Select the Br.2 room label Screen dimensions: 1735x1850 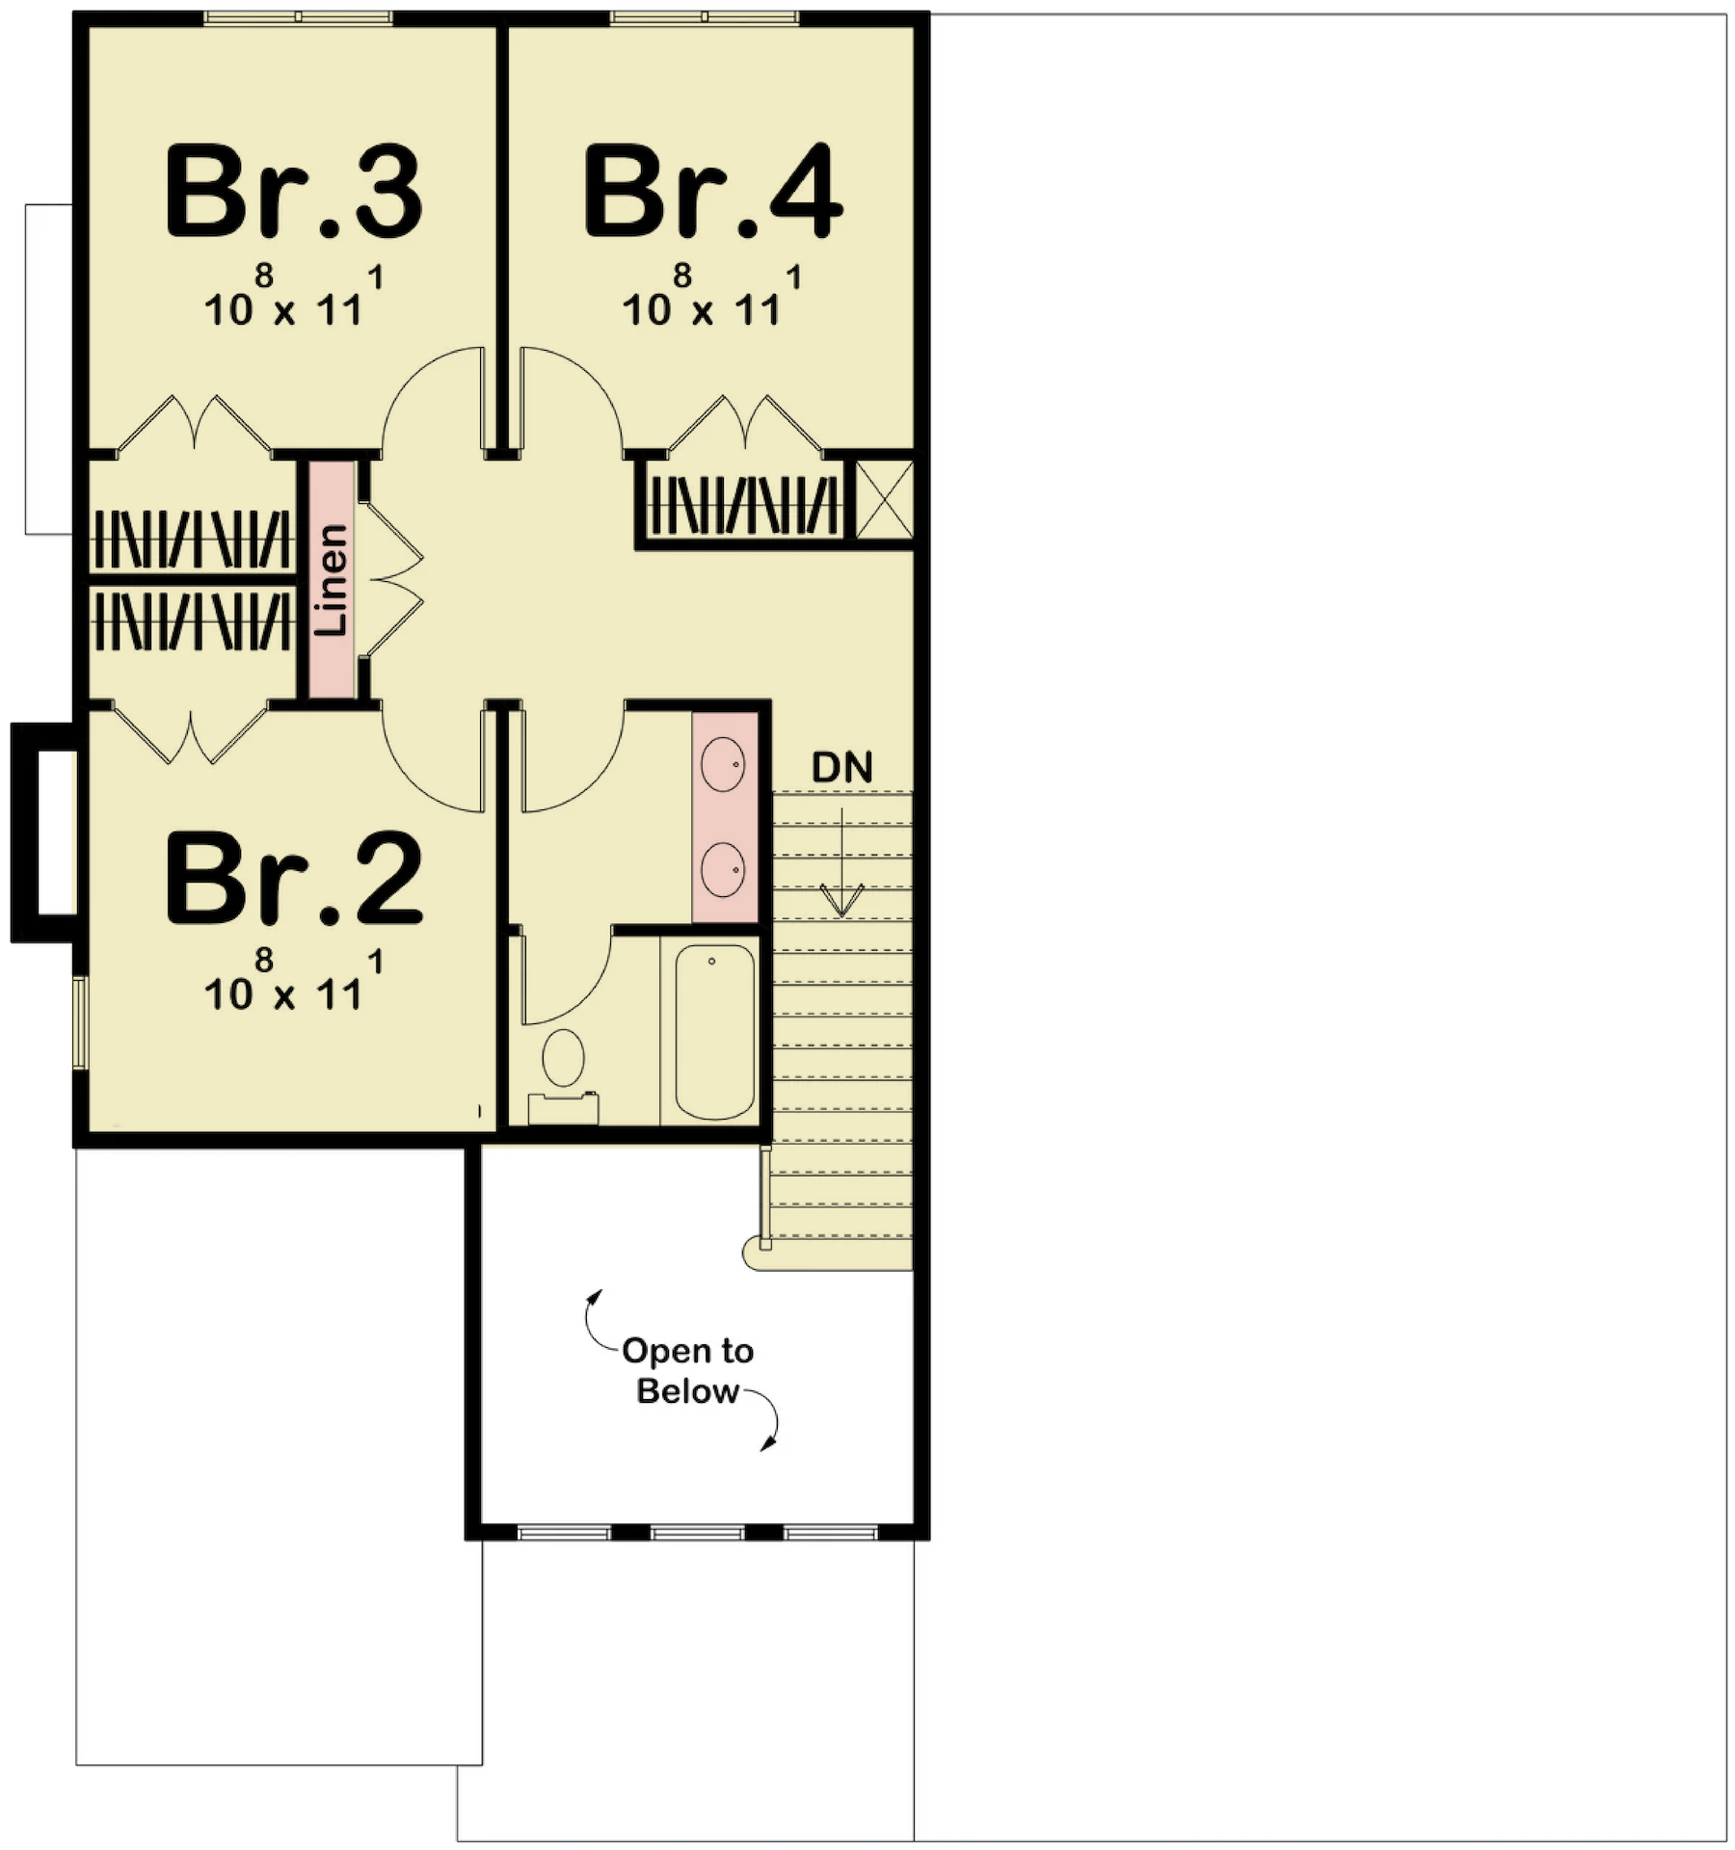coord(294,879)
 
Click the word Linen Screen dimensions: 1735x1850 coord(332,579)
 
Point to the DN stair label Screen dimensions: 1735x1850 coord(841,767)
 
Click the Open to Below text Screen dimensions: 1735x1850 coord(687,1370)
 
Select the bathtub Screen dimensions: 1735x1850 coord(714,1031)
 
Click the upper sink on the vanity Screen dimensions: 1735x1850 coord(723,764)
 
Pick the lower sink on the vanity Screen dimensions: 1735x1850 coord(723,869)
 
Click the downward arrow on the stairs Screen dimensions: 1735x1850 coord(842,861)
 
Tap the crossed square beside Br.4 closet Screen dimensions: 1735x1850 coord(884,500)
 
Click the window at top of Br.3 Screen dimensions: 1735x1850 coord(298,17)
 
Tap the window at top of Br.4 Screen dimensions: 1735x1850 coord(705,17)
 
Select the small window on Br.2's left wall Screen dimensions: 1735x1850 coord(81,1022)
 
